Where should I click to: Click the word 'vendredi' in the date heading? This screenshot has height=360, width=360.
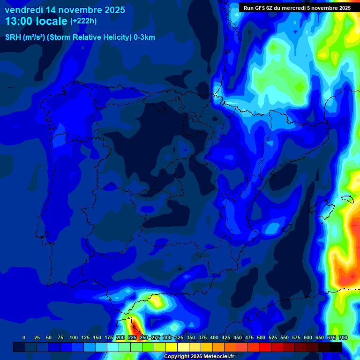pyautogui.click(x=23, y=10)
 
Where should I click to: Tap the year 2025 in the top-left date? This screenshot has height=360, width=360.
pyautogui.click(x=112, y=10)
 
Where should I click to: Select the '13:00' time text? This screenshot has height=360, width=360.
pyautogui.click(x=18, y=21)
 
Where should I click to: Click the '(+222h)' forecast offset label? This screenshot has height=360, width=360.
pyautogui.click(x=83, y=21)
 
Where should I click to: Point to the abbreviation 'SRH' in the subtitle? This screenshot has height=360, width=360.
pyautogui.click(x=13, y=37)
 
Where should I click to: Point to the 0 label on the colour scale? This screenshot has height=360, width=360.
pyautogui.click(x=24, y=337)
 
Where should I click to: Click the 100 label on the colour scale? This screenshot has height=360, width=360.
pyautogui.click(x=74, y=337)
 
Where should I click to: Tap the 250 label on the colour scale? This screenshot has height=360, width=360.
pyautogui.click(x=144, y=337)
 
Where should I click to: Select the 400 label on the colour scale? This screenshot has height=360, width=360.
pyautogui.click(x=214, y=337)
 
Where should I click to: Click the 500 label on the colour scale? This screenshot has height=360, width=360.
pyautogui.click(x=261, y=337)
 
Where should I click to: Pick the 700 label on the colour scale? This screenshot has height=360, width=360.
pyautogui.click(x=343, y=337)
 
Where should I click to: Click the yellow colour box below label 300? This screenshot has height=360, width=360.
pyautogui.click(x=172, y=347)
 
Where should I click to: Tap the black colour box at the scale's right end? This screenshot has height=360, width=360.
pyautogui.click(x=336, y=347)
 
